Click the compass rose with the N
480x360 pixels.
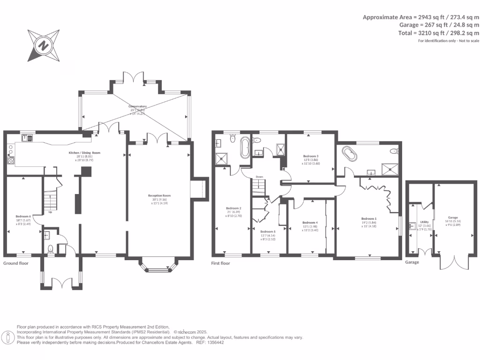(43, 45)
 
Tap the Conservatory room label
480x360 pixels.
(138, 106)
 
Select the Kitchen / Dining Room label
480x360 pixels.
(84, 153)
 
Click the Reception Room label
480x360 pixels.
(159, 195)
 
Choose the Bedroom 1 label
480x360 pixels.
(368, 218)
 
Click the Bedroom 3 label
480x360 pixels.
(311, 156)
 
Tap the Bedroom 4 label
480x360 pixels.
(310, 223)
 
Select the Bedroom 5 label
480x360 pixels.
(267, 232)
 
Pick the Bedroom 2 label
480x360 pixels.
(233, 208)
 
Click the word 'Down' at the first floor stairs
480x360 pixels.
(259, 177)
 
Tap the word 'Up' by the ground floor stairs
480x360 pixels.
(50, 212)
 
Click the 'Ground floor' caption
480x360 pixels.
(16, 263)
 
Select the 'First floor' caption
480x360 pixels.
(220, 263)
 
